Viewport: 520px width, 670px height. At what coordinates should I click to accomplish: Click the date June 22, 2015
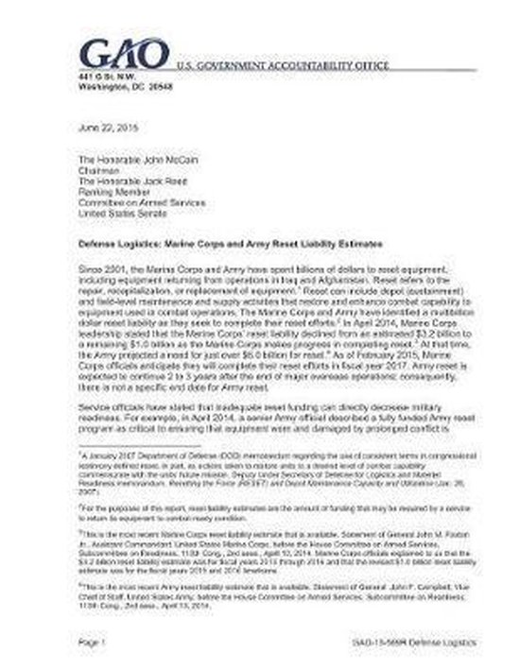coord(106,126)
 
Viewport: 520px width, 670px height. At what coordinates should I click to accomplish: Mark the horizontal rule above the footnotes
coord(141,446)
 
